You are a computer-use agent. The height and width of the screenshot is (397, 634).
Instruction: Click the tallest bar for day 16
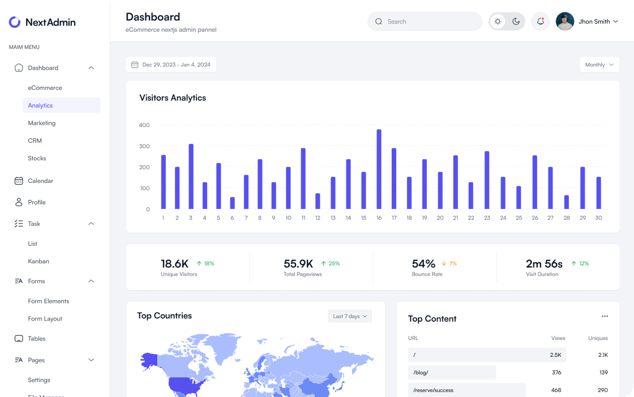coord(379,169)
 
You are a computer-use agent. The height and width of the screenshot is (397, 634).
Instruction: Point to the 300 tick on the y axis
coord(144,146)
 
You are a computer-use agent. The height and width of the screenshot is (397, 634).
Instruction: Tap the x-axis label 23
coord(487,218)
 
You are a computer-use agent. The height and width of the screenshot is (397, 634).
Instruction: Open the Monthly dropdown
coord(599,65)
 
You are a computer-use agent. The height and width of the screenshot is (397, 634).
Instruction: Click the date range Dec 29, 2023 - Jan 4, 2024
coord(171,65)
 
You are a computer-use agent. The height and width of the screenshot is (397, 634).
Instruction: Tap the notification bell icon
coord(541,22)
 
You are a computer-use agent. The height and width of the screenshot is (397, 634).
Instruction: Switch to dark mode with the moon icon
coord(516,22)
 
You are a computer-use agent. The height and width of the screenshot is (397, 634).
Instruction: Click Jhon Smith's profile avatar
coord(565,22)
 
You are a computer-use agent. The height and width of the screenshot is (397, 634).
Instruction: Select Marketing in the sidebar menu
coord(42,123)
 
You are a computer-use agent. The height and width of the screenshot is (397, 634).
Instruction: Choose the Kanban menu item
coord(38,261)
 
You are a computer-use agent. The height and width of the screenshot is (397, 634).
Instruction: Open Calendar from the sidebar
coord(41,181)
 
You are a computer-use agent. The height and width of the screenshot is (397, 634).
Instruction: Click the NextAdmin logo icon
coord(15,22)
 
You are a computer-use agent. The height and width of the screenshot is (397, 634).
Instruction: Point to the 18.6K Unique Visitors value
coord(174,263)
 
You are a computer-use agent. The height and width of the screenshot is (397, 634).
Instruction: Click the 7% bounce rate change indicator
coord(449,263)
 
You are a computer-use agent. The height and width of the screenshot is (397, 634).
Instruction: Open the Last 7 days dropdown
coord(350,316)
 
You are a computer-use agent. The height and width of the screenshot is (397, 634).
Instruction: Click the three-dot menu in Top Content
coord(605,316)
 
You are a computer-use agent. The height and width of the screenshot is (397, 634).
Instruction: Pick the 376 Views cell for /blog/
coord(556,373)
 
